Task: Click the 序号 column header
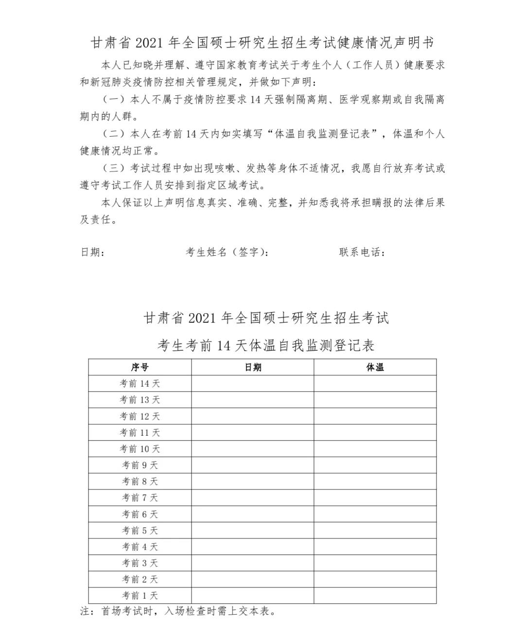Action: click(140, 367)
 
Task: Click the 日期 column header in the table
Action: click(253, 367)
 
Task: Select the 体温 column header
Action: click(375, 367)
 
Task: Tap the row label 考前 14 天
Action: click(140, 384)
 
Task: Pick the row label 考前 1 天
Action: click(140, 595)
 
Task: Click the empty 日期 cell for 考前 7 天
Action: click(253, 497)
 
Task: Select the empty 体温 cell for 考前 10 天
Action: click(375, 449)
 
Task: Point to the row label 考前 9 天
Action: click(140, 465)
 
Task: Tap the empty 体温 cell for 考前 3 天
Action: click(375, 563)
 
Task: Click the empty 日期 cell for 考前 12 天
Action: click(253, 416)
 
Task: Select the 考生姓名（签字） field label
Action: click(227, 252)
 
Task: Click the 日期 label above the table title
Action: click(92, 252)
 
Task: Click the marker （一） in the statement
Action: click(114, 100)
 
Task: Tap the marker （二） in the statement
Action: click(114, 134)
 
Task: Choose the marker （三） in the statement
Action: click(114, 168)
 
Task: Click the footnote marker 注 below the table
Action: click(85, 611)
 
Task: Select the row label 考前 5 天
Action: click(140, 531)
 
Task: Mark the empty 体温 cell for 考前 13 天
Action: click(375, 400)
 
